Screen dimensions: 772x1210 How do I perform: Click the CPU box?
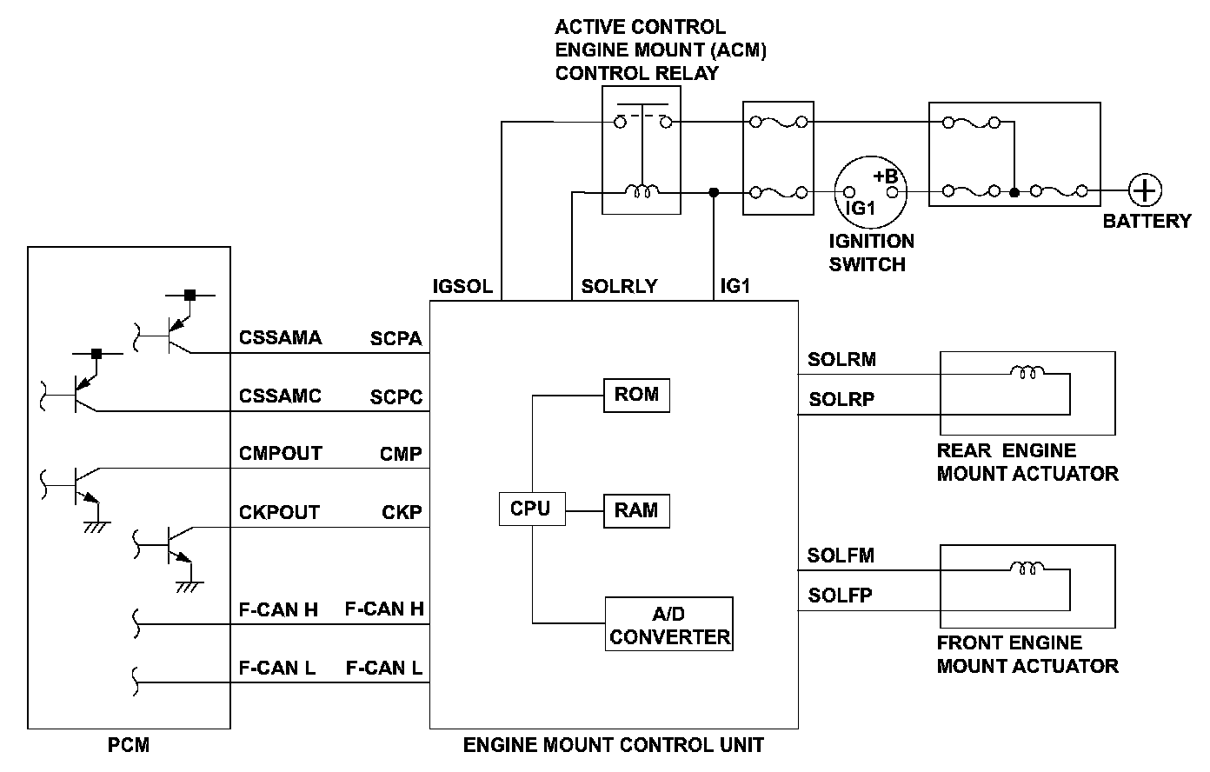(x=531, y=509)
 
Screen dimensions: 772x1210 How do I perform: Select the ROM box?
(x=636, y=395)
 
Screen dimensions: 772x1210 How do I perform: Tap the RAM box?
(x=636, y=510)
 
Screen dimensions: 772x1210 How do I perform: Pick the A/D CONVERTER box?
(x=669, y=625)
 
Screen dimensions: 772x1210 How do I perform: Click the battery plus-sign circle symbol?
(x=1144, y=190)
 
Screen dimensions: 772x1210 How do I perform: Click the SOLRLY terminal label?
(x=620, y=286)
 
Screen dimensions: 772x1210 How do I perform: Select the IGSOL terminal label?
(x=462, y=286)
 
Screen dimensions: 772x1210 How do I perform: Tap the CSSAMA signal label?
(x=280, y=338)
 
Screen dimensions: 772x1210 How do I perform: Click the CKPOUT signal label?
(x=279, y=513)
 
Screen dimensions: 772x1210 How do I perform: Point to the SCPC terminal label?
(x=396, y=397)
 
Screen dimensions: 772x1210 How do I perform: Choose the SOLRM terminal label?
(x=841, y=360)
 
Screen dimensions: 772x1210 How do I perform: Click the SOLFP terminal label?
(x=840, y=596)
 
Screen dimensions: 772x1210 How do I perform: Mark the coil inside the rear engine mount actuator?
(x=1027, y=374)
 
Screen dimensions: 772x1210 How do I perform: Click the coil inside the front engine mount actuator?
(x=1027, y=569)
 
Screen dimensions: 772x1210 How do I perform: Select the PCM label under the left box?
(x=129, y=746)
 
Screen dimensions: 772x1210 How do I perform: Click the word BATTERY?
(x=1147, y=221)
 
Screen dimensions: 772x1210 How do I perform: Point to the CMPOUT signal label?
(x=280, y=454)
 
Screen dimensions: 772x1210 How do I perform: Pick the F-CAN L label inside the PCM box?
(x=277, y=669)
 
